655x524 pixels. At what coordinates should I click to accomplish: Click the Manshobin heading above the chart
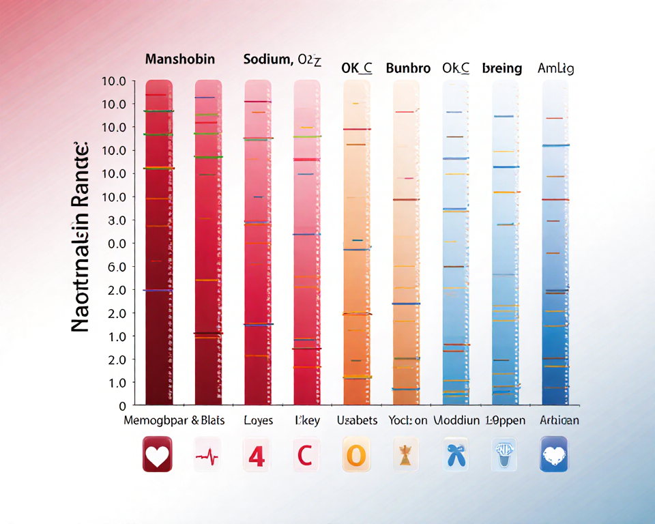180,59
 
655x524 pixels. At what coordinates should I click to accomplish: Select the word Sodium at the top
266,59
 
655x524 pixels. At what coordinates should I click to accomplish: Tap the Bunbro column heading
408,68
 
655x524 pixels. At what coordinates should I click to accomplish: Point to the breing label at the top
501,68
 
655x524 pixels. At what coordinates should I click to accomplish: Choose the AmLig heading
556,68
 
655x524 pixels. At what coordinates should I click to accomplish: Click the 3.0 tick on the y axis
113,220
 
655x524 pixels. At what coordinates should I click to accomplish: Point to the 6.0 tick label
113,267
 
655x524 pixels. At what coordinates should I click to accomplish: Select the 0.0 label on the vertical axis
113,244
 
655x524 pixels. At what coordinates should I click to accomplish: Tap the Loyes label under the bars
258,420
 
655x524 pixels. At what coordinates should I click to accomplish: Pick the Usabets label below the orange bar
357,420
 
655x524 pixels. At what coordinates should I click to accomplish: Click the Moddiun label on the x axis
456,420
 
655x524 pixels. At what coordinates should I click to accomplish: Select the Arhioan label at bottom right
559,420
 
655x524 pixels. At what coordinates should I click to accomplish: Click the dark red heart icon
157,454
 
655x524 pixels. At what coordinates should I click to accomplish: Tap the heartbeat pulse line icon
207,454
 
